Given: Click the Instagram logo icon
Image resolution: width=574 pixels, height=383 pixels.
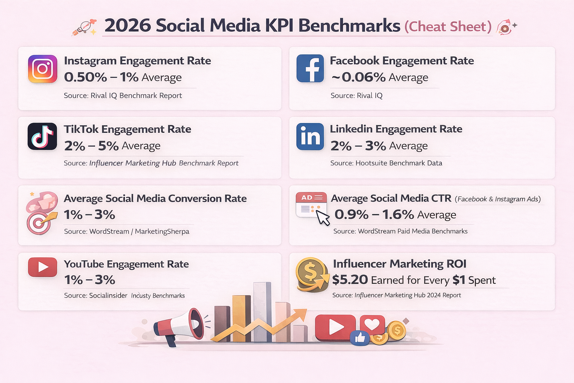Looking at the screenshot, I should click(x=43, y=69).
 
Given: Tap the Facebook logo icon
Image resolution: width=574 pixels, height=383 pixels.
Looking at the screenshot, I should click(x=310, y=68).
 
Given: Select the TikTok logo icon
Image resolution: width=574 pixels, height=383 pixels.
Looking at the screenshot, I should click(x=42, y=137).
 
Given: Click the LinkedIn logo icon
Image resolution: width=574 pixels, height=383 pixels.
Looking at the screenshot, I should click(x=310, y=137).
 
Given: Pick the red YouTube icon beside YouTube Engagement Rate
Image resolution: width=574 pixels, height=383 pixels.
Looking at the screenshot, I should click(x=43, y=267).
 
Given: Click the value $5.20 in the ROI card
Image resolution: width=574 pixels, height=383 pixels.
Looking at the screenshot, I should click(x=350, y=280).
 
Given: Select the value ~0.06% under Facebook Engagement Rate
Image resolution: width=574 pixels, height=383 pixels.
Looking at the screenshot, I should click(x=358, y=77).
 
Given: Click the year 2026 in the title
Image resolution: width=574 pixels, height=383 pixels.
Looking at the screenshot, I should click(x=127, y=26).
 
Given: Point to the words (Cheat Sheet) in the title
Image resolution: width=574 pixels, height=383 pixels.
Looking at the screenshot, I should click(x=448, y=27).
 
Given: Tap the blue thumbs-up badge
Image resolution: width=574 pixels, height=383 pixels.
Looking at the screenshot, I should click(x=360, y=338).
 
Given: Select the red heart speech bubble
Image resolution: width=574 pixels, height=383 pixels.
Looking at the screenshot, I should click(x=372, y=324).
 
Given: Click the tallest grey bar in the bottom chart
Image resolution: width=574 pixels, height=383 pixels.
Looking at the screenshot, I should click(x=262, y=312).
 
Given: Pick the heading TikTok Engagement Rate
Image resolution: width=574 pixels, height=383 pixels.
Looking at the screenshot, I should click(x=127, y=129).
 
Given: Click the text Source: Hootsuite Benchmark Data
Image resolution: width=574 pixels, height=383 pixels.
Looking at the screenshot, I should click(x=386, y=163).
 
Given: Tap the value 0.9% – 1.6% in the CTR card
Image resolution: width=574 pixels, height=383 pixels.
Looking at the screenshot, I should click(x=374, y=215).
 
